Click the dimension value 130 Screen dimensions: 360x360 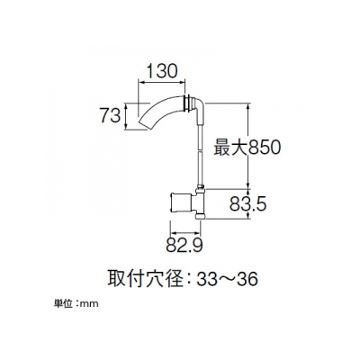tap(162, 72)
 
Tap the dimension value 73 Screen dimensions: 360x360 tap(110, 116)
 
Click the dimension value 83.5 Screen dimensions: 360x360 tap(248, 204)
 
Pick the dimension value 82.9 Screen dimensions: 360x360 tap(184, 246)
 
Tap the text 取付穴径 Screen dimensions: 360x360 tap(145, 279)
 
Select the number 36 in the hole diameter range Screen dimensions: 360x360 tap(247, 280)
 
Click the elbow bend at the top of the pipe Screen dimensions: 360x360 tap(198, 107)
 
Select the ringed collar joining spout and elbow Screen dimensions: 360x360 tap(187, 103)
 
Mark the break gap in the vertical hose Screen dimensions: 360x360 tap(201, 151)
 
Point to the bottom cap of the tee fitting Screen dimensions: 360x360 tap(201, 216)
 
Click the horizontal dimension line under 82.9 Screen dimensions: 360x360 tap(185, 232)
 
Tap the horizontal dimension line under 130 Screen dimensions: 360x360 tap(161, 82)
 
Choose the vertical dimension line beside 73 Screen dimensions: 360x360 tap(126, 116)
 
